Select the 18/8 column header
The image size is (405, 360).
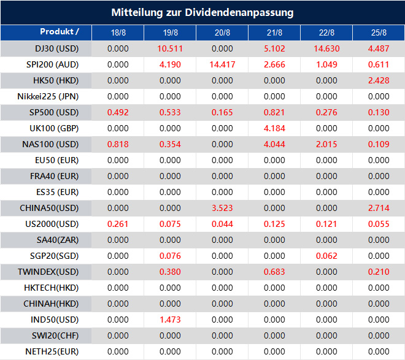pos(118,33)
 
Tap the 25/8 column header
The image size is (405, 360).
pos(379,33)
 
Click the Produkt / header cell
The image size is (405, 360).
pos(59,32)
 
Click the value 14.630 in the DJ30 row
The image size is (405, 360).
pos(327,48)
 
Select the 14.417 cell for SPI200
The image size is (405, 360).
pos(223,64)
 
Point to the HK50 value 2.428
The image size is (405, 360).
pos(379,80)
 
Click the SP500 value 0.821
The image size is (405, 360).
pos(275,112)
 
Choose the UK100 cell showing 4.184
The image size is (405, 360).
pos(275,128)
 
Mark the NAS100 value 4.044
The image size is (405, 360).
pos(275,144)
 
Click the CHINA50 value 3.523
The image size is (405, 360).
pos(223,208)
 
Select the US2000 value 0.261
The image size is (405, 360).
pos(118,224)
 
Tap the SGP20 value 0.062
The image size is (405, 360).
pos(327,256)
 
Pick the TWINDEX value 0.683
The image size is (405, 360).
pos(275,272)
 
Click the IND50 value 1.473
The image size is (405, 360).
pos(170,320)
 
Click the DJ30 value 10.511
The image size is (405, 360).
pos(170,48)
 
